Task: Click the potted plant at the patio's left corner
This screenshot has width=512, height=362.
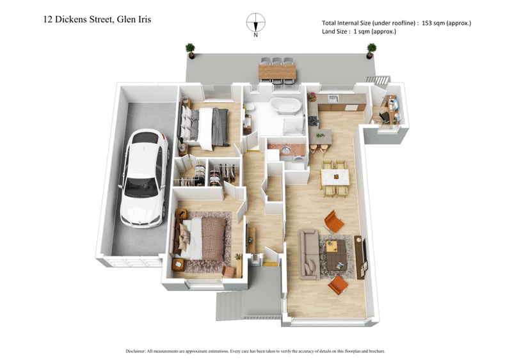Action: [190, 49]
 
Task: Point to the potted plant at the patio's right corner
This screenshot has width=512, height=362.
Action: [371, 49]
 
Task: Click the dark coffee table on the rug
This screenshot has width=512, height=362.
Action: [337, 253]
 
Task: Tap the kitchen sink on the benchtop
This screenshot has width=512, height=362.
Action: [332, 98]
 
